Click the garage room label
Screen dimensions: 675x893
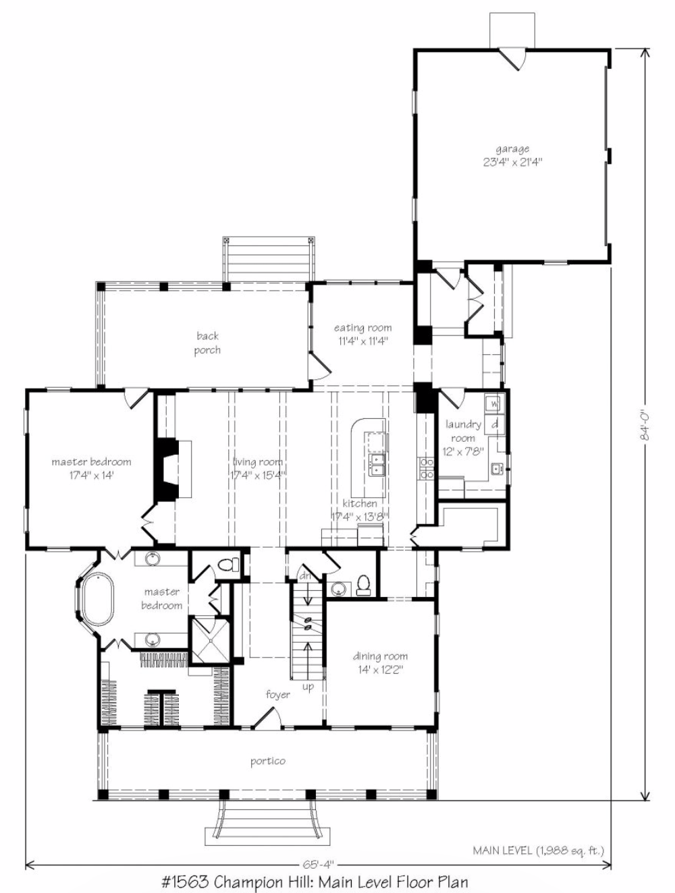(x=512, y=149)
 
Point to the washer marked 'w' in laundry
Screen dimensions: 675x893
(x=494, y=404)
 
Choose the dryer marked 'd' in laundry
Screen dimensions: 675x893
(x=495, y=425)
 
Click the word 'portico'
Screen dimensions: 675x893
(x=268, y=761)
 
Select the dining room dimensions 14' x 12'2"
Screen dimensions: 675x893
(x=380, y=670)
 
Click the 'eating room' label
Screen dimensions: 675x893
(x=362, y=328)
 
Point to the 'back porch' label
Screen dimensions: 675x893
(x=207, y=343)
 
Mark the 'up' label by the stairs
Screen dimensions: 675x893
(x=308, y=687)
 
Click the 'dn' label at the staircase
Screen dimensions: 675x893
(x=304, y=576)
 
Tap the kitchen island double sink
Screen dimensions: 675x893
(x=377, y=465)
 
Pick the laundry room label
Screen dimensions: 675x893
(x=463, y=431)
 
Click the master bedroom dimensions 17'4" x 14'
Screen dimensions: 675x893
(x=91, y=476)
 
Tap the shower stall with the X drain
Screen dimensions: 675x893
(x=210, y=640)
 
